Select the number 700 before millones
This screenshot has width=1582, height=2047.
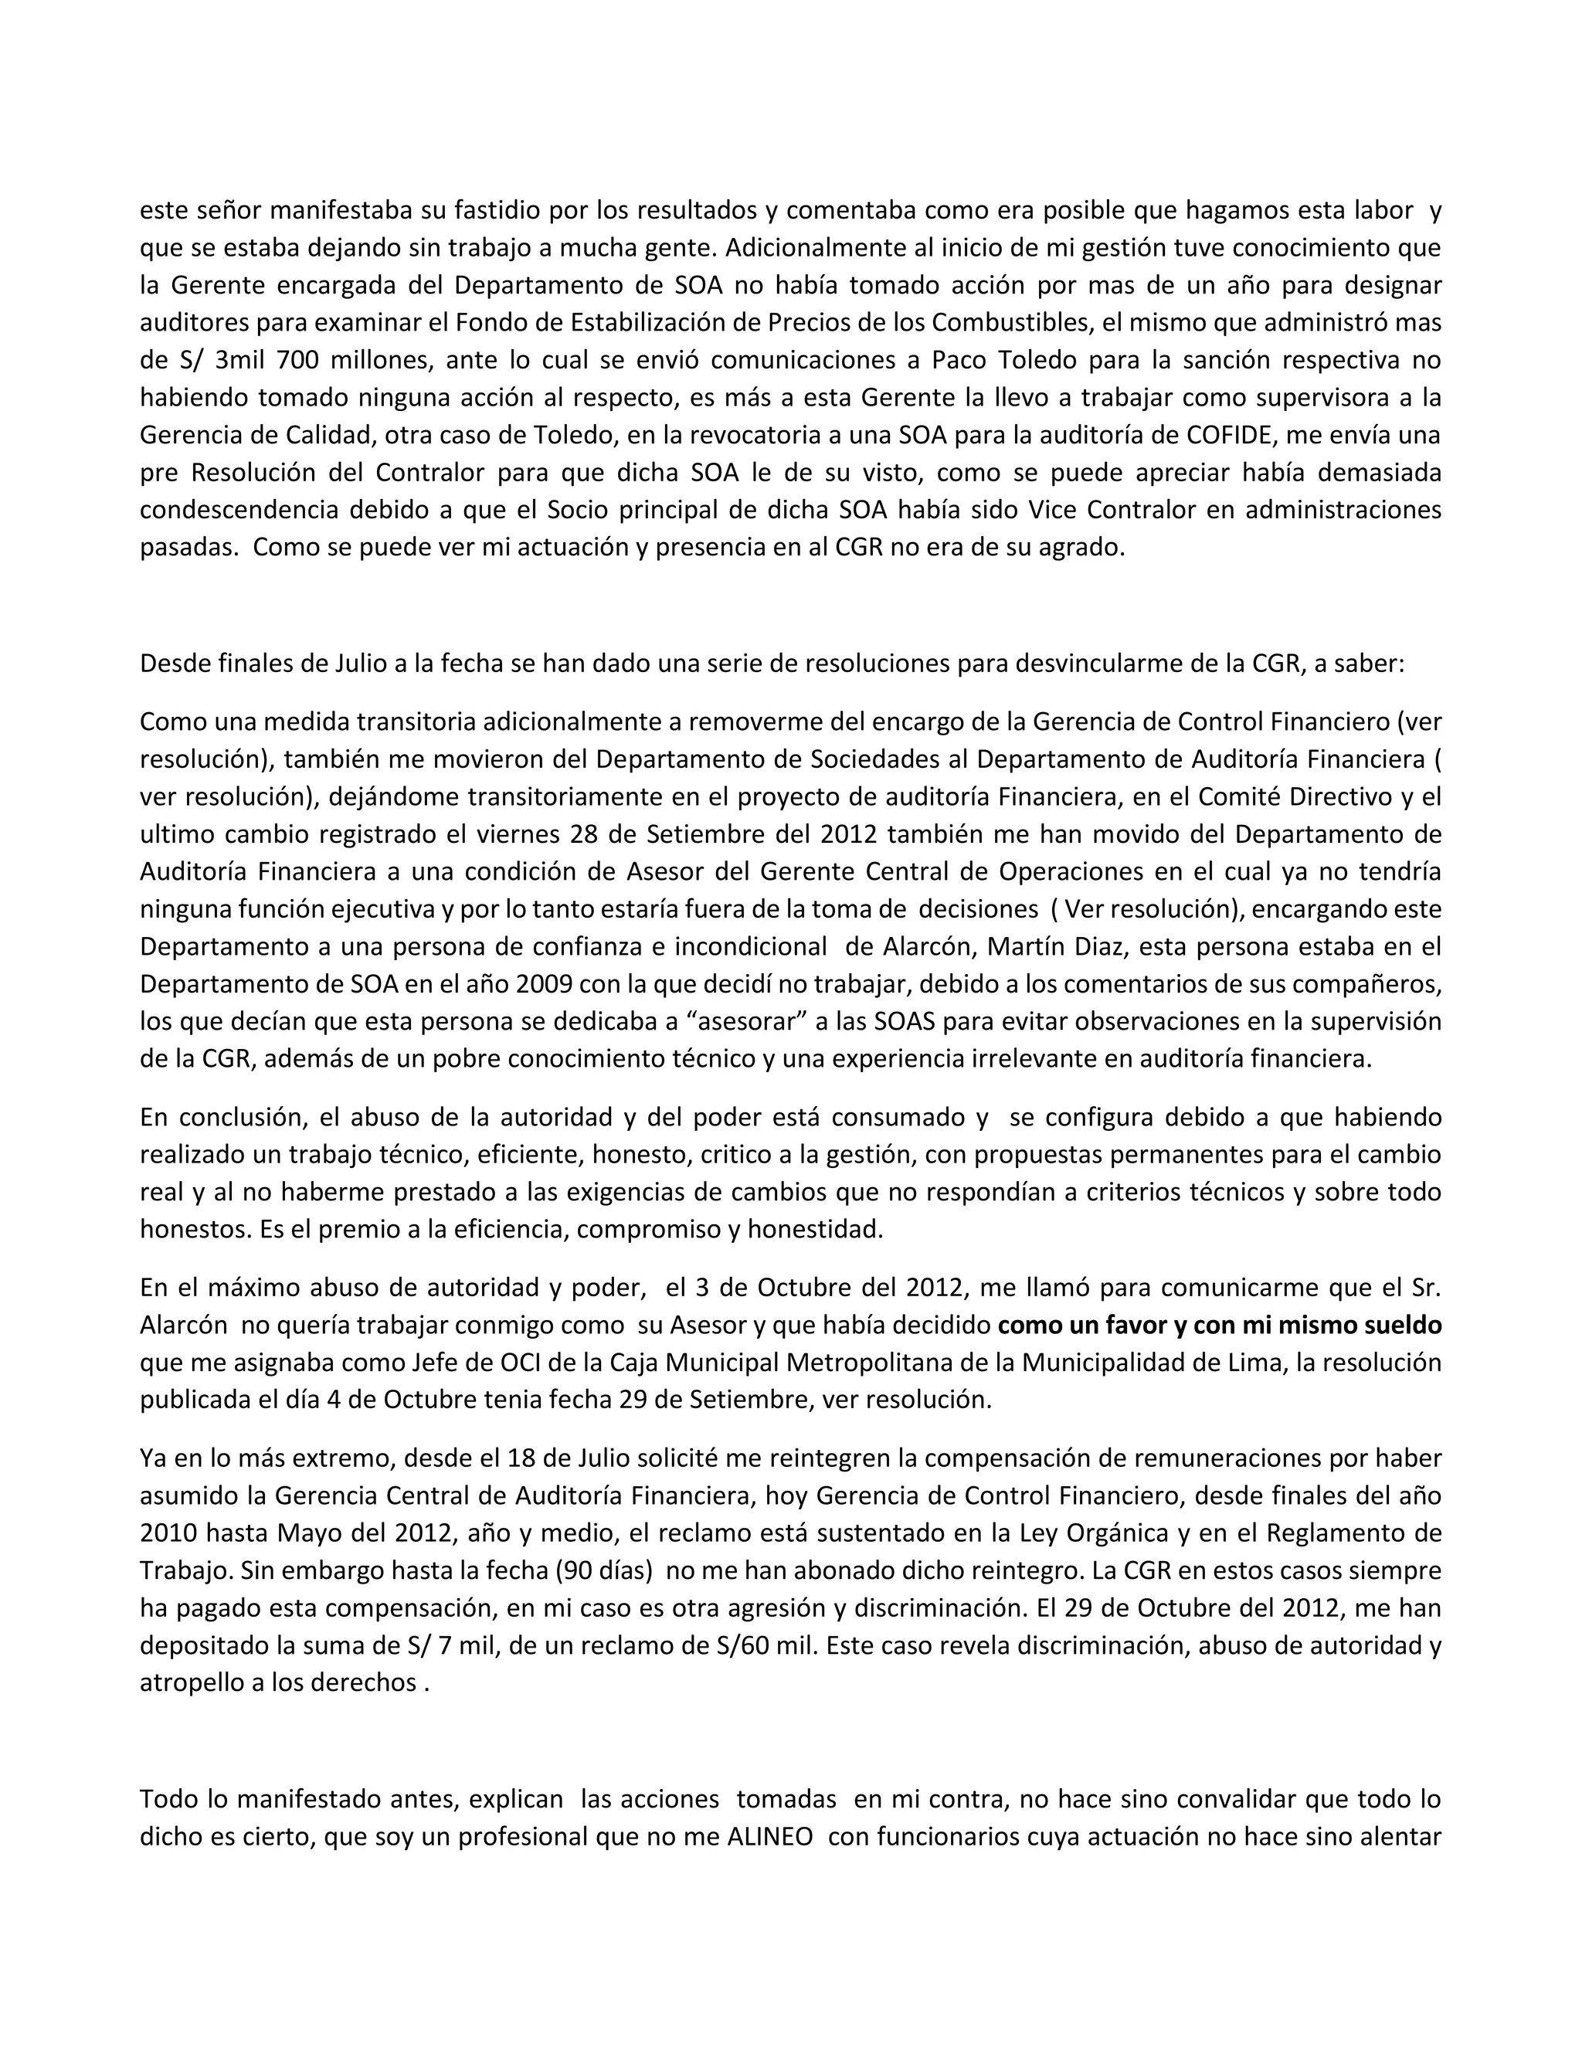tap(303, 360)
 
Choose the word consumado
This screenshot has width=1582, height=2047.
tap(901, 1117)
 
